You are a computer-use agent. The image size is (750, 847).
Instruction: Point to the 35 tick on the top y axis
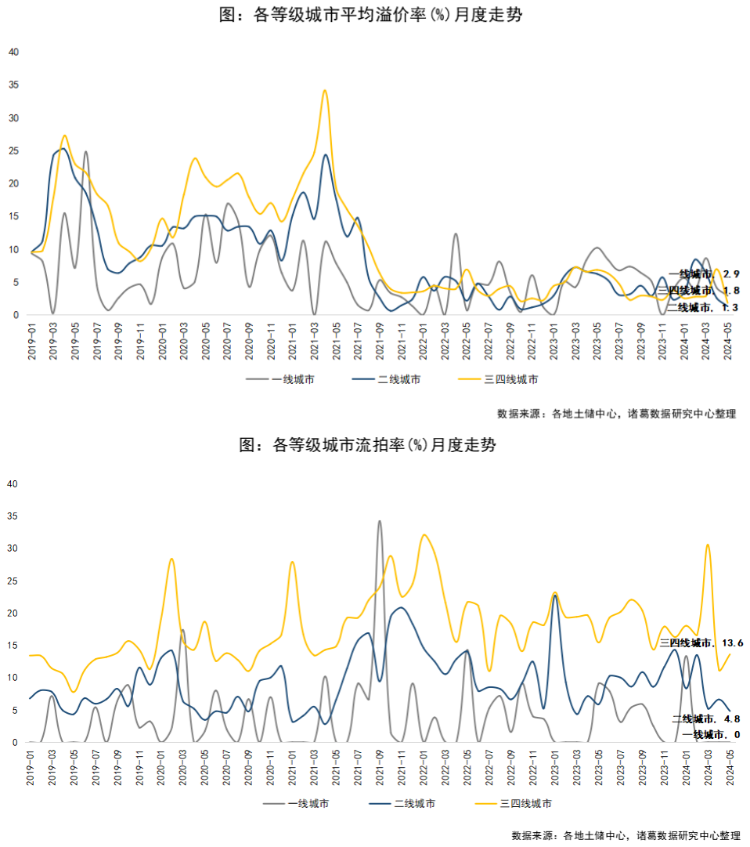point(13,85)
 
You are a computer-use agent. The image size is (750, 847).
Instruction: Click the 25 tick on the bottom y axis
point(13,581)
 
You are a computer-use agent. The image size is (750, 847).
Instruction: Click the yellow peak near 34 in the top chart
point(325,91)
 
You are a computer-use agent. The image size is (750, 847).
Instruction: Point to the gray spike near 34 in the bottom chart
point(380,521)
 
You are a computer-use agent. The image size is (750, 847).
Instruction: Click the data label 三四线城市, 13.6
point(701,642)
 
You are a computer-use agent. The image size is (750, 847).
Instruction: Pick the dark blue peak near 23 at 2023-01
point(555,596)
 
